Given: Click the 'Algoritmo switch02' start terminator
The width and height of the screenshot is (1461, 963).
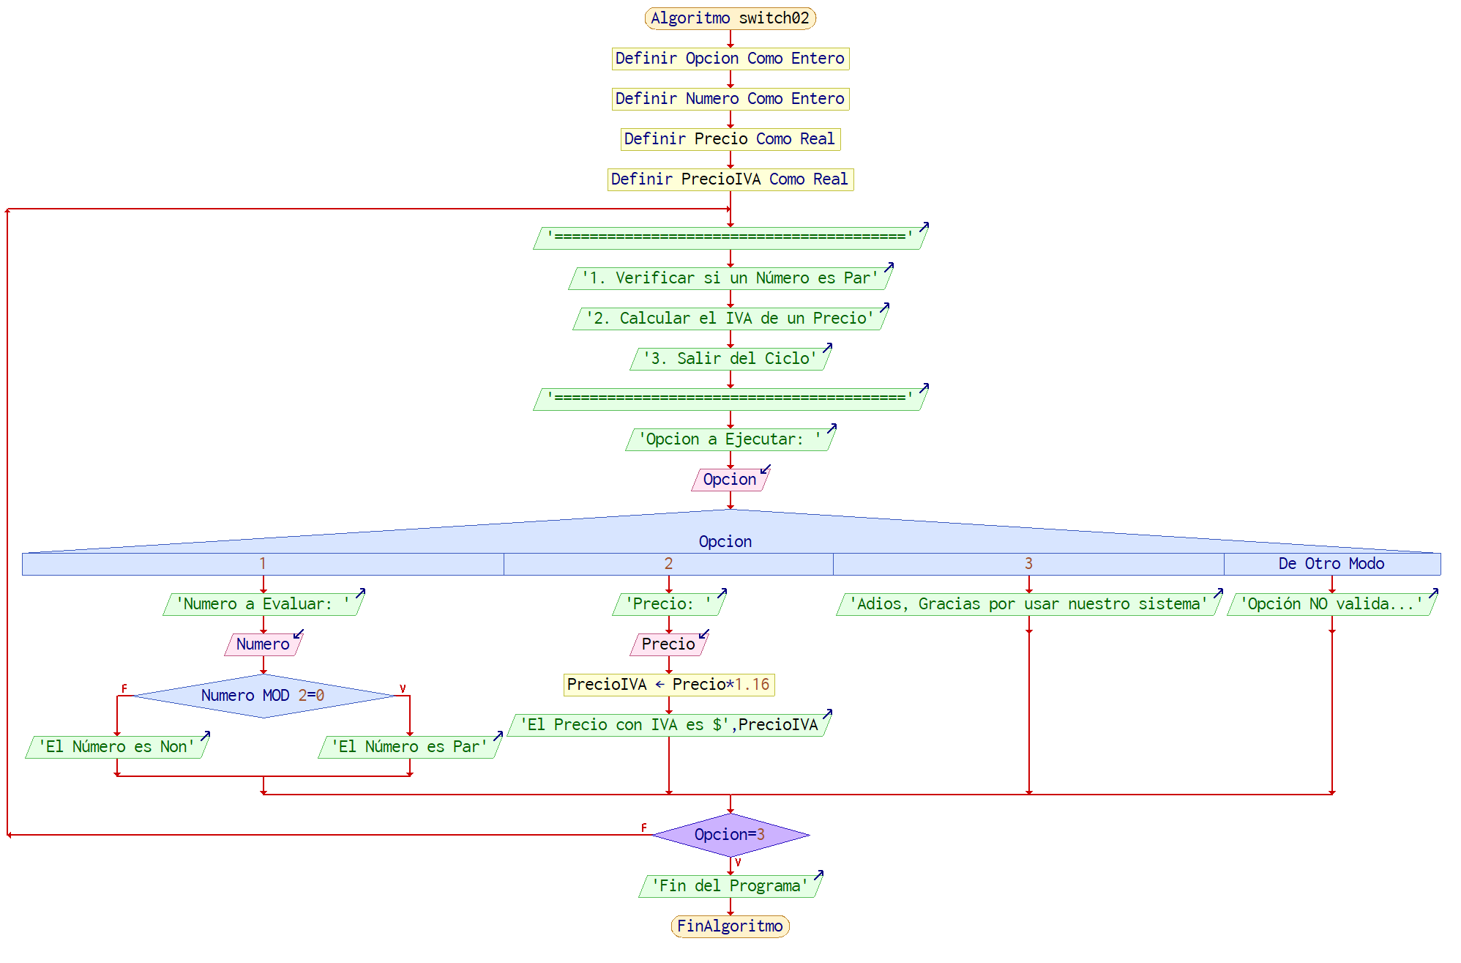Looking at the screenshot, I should point(730,18).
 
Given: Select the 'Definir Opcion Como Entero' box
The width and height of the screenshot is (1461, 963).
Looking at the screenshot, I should point(730,59).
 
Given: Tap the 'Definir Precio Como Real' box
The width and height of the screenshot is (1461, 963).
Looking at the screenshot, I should point(730,139).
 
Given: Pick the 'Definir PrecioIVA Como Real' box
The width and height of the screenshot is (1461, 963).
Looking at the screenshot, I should point(730,179).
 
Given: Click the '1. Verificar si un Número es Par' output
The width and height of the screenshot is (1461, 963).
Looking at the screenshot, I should point(730,278).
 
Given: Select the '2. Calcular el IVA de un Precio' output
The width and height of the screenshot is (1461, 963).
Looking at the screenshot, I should point(730,319).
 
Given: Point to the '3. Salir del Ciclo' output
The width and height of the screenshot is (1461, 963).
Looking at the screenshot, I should point(730,359).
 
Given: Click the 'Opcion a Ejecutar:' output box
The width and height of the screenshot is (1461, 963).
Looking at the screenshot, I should point(730,439).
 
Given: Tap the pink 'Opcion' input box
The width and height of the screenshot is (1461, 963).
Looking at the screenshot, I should point(730,480).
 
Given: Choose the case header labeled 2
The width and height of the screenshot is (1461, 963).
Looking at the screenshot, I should point(668,564).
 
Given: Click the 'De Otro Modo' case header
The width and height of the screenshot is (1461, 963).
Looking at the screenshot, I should point(1331,564).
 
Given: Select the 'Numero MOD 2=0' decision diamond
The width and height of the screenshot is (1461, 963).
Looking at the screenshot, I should point(264,696).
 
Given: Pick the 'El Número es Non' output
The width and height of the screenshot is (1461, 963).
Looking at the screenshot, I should point(117,747).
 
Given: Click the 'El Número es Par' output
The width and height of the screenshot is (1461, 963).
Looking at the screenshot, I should point(409,747).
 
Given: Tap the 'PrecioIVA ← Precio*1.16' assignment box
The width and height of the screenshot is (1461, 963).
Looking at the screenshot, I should point(668,685).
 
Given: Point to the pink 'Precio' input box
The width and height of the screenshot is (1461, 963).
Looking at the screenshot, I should point(668,644).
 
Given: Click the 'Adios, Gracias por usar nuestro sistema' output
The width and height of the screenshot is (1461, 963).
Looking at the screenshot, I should point(1028,604).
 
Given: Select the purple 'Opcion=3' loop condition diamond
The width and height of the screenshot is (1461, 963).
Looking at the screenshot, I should point(730,835).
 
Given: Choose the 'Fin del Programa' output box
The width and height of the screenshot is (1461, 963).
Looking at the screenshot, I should point(730,886).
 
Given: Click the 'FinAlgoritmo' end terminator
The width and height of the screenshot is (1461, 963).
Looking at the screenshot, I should point(730,926).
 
